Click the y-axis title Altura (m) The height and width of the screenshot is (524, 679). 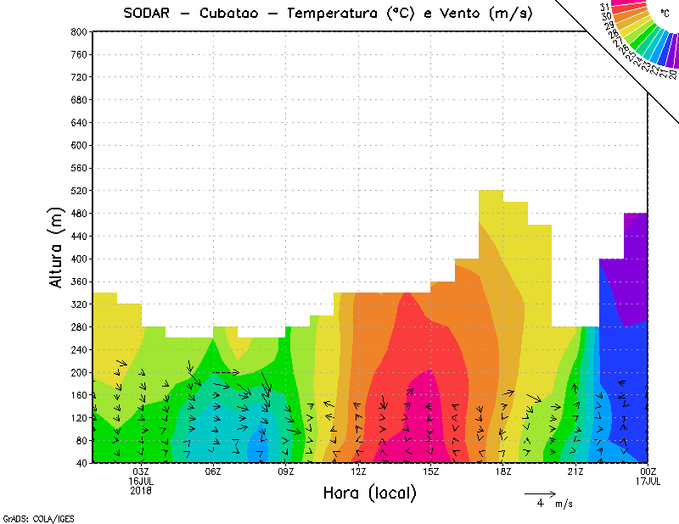56,247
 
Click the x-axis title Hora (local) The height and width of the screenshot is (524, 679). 368,493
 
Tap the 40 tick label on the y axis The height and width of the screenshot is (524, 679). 81,464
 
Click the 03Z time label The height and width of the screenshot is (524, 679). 141,471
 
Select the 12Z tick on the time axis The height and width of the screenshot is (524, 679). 358,471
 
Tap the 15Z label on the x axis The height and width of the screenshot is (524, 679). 430,471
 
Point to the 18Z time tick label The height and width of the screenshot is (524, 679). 503,471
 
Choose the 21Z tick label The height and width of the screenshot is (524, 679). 575,471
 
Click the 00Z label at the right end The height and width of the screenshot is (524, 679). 648,471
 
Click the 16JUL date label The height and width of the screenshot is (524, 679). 141,481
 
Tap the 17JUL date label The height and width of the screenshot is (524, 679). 648,481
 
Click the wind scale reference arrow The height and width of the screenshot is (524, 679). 540,493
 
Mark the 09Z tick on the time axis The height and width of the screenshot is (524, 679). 286,471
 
